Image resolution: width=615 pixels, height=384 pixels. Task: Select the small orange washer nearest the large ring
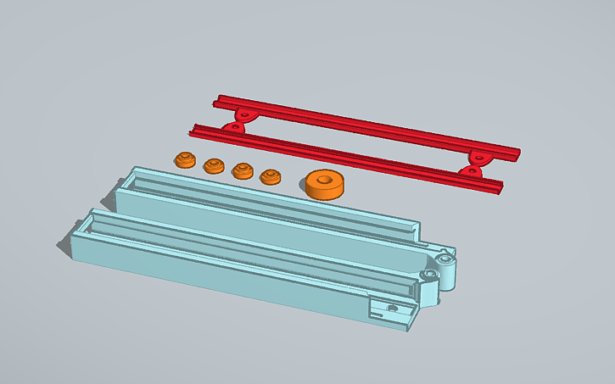coord(271,177)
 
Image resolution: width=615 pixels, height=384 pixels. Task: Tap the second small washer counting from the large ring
coord(243,170)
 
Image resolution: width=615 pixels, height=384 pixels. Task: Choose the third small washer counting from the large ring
coord(213,164)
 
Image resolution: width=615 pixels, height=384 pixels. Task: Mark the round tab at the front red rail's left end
coord(230,128)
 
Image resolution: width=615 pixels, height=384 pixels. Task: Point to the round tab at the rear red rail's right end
coord(480,156)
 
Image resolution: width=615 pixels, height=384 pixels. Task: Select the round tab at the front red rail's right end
coord(469,171)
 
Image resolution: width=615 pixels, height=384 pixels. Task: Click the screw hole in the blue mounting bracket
coord(391,307)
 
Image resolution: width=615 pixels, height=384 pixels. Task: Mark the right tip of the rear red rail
coord(517,156)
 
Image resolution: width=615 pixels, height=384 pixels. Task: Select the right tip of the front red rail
coord(502,186)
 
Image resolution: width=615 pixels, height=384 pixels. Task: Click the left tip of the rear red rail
coord(215,100)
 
